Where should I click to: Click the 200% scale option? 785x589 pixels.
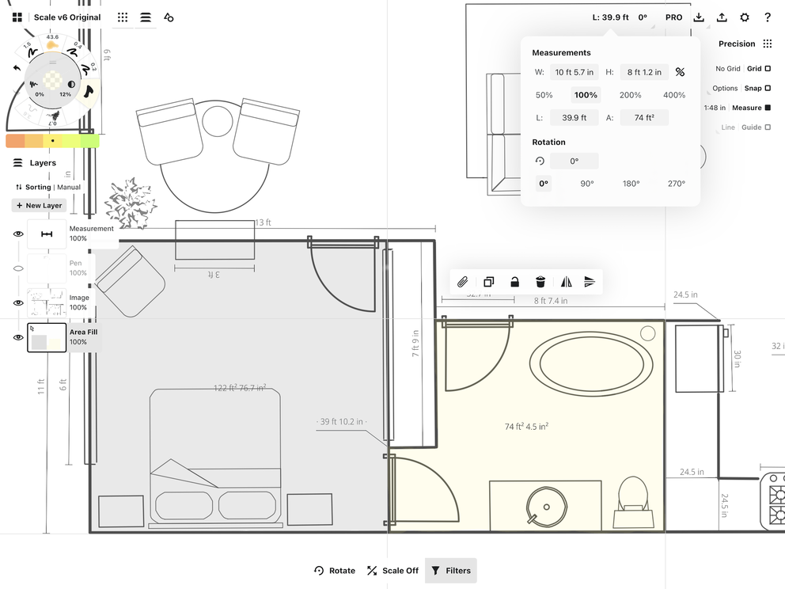[x=631, y=95]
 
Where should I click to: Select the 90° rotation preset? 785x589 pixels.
[x=587, y=184]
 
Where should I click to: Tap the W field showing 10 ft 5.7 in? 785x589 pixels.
[x=575, y=72]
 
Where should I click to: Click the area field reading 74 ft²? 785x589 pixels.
[x=643, y=118]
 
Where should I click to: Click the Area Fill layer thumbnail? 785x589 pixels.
[x=47, y=337]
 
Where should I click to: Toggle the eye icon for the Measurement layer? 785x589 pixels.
[x=18, y=234]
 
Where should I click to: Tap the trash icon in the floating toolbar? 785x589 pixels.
[x=540, y=282]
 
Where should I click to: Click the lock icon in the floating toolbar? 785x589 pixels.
[x=514, y=282]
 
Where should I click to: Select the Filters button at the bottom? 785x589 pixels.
[x=451, y=570]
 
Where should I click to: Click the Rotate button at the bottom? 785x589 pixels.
[x=335, y=570]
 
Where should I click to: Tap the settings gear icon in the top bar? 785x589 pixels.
[x=745, y=17]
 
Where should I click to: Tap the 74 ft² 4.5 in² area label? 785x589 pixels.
[x=527, y=427]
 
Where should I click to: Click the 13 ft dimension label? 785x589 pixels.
[x=264, y=223]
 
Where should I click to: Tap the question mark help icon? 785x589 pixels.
[x=768, y=17]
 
